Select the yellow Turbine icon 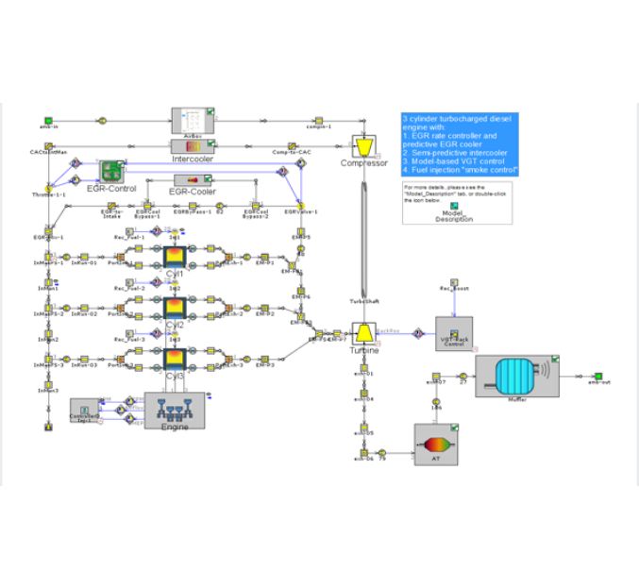(363, 334)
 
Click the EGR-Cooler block (193, 179)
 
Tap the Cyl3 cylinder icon (175, 360)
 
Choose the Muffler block (515, 378)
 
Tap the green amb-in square (47, 119)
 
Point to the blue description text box (459, 144)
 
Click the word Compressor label (364, 163)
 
